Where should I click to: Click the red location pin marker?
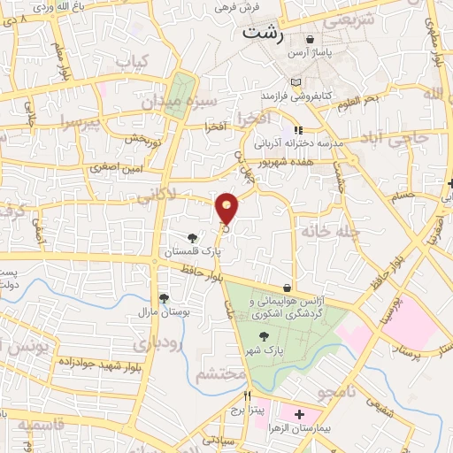click(227, 208)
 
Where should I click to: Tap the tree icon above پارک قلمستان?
click(192, 237)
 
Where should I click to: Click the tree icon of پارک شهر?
click(264, 335)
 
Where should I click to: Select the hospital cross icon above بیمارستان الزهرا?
click(299, 414)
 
